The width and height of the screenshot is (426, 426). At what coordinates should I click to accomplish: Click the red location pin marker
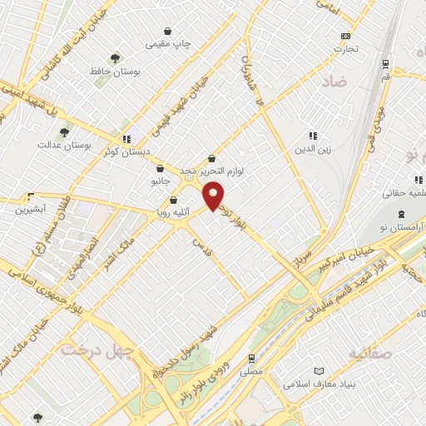(x=215, y=196)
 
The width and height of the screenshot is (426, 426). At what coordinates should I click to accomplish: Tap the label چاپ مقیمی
(x=170, y=42)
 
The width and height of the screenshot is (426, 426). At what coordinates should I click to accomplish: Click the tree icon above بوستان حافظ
(x=115, y=57)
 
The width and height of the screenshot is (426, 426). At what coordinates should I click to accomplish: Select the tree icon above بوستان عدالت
(x=63, y=132)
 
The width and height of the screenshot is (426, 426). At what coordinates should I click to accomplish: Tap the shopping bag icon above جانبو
(x=160, y=168)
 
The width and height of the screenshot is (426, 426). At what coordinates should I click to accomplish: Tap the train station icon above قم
(x=384, y=63)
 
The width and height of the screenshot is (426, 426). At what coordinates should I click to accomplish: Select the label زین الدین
(x=312, y=150)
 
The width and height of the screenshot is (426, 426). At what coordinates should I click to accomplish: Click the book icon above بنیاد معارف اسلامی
(x=317, y=371)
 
